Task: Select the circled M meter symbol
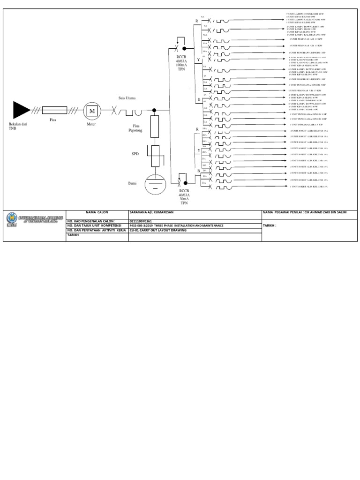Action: [92, 111]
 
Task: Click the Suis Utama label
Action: [127, 99]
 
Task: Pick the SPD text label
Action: [135, 153]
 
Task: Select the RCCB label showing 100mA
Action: [181, 64]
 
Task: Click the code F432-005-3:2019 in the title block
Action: [141, 225]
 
